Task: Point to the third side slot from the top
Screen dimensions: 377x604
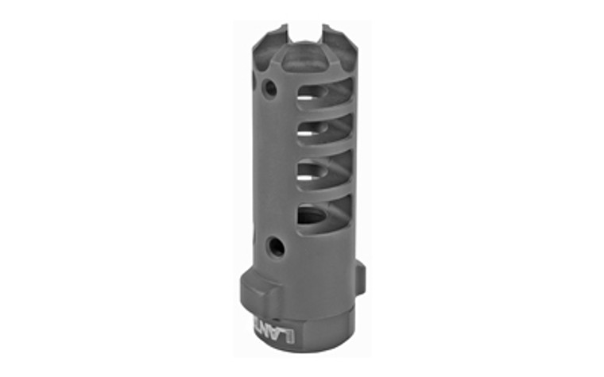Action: [x=313, y=173]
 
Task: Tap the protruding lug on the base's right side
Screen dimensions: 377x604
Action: [x=360, y=278]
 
